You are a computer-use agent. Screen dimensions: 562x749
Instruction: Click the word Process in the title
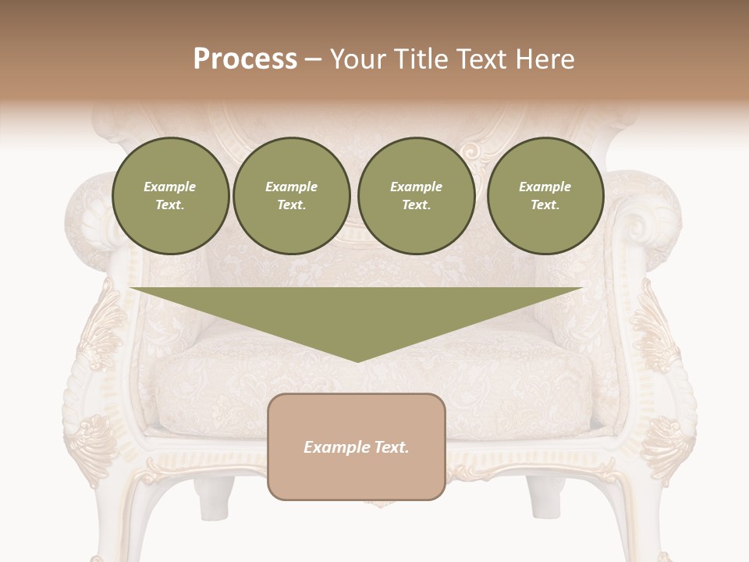245,59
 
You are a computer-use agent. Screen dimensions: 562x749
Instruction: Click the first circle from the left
170,196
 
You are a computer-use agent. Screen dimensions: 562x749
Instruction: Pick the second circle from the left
292,196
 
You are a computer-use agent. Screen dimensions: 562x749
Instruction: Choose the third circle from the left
417,196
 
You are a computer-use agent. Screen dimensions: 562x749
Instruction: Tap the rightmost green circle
545,196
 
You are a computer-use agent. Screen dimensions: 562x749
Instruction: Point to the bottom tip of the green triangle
357,361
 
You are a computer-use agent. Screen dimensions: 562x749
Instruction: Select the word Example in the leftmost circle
170,187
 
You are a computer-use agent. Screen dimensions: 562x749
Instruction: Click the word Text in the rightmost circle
545,205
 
